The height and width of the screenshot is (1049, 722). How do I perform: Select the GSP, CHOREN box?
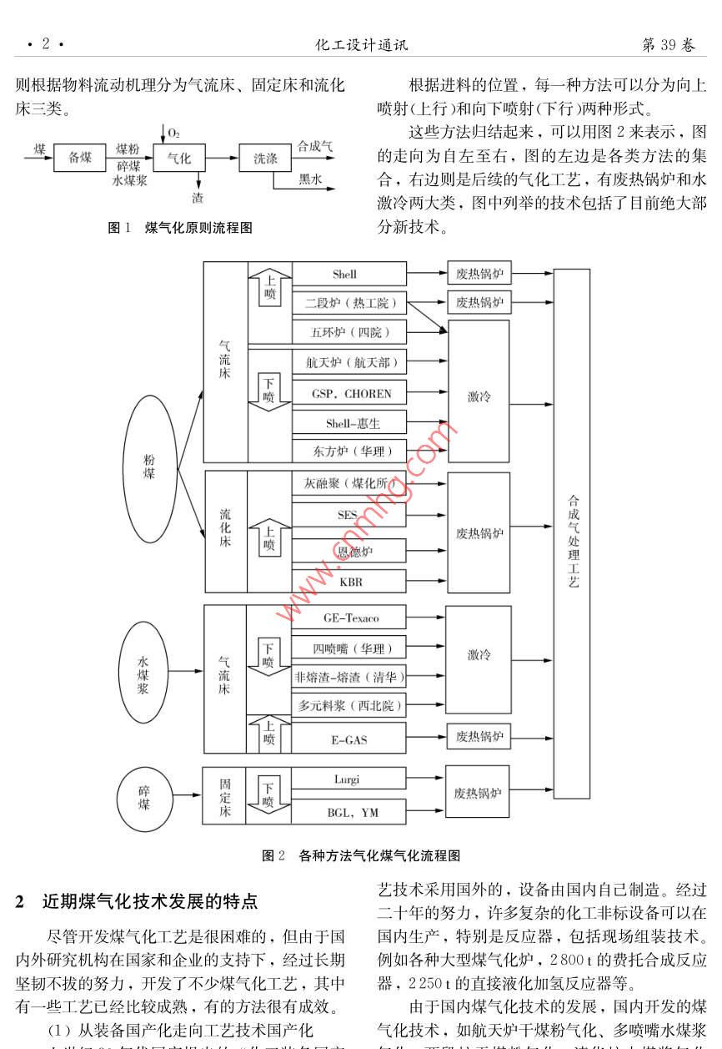(x=349, y=394)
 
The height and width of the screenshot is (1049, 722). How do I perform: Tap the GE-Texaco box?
(x=349, y=618)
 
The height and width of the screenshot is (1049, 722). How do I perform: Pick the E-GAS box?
(x=349, y=739)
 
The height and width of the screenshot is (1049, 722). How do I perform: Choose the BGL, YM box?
(x=349, y=812)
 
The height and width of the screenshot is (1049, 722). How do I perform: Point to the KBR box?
(x=349, y=582)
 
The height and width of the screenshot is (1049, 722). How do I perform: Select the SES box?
(x=349, y=515)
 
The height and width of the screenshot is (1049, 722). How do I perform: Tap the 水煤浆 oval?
(x=143, y=672)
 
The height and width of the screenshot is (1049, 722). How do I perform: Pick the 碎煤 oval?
(x=144, y=797)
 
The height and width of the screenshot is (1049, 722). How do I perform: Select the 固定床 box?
(x=225, y=797)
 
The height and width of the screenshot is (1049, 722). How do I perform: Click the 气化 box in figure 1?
(x=179, y=158)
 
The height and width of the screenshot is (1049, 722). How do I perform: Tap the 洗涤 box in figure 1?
(x=265, y=158)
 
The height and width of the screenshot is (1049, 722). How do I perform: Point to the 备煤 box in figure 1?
(x=80, y=158)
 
